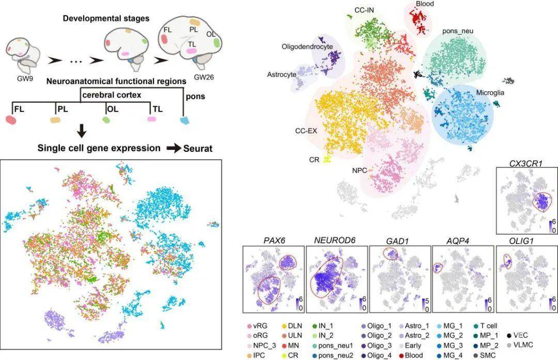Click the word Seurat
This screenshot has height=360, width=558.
point(198,149)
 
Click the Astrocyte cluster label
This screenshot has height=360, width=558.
point(282,74)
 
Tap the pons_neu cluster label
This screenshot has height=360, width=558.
point(458,32)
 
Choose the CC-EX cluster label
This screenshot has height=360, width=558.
point(306,131)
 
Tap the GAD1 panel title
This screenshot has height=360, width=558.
point(399,240)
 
